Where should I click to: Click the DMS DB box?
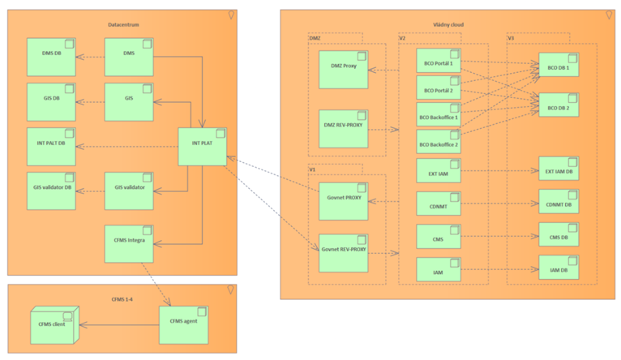point(51,57)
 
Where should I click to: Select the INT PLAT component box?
point(202,147)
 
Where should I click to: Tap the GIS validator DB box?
point(51,191)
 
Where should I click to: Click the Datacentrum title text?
point(123,25)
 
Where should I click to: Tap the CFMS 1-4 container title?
point(123,298)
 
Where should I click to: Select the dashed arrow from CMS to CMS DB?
point(501,237)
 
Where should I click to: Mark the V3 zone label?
point(512,38)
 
